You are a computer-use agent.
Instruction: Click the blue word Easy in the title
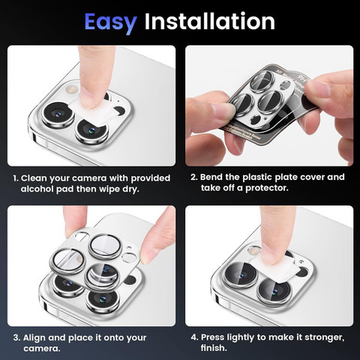(110, 22)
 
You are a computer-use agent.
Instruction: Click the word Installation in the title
(210, 21)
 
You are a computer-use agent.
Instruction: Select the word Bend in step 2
(211, 177)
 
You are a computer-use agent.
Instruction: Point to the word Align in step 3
(34, 338)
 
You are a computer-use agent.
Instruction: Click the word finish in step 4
(214, 348)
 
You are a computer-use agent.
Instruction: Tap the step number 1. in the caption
(16, 178)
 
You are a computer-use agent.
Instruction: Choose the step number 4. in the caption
(194, 337)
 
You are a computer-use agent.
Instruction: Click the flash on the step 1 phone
(70, 89)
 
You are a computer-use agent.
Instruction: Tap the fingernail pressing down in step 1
(89, 99)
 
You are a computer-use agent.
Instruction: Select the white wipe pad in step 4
(274, 269)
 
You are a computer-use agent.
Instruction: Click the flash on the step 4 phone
(254, 250)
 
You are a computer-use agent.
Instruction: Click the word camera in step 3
(42, 349)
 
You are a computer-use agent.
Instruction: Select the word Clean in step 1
(34, 178)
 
